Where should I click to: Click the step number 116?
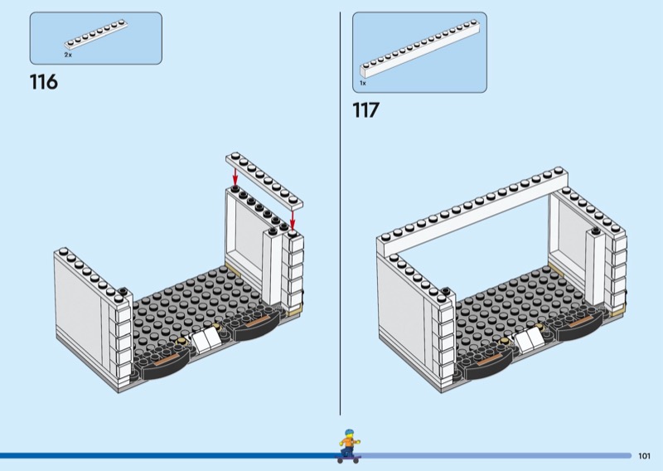point(44,81)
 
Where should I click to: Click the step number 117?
point(366,110)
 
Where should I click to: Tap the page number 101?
point(644,456)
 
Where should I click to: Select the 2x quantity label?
point(68,55)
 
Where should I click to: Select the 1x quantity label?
point(363,84)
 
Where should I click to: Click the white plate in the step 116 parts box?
point(96,35)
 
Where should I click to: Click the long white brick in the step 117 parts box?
point(420,49)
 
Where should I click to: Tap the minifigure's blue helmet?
point(349,434)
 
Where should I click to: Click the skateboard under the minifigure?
point(349,459)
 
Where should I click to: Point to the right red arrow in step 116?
point(293,218)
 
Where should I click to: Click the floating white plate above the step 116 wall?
point(264,181)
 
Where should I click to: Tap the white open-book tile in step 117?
point(529,338)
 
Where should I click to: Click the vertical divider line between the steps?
point(340,213)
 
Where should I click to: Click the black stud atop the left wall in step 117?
point(445,291)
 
